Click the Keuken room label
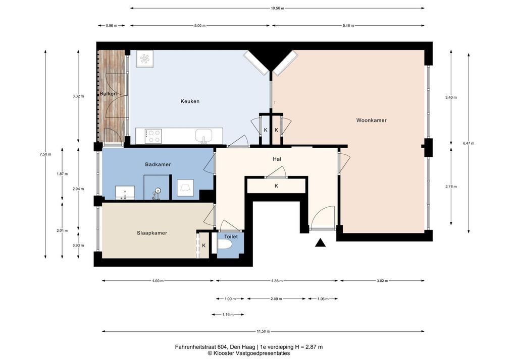[190, 101]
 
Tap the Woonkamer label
[372, 120]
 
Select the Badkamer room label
[158, 164]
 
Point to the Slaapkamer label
[152, 233]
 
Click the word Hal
[277, 159]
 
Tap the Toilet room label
[231, 236]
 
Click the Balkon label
[108, 94]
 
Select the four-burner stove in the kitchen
[153, 136]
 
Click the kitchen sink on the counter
[204, 136]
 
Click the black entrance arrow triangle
[320, 243]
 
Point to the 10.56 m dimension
[277, 8]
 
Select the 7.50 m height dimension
[45, 154]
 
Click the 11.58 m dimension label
[263, 331]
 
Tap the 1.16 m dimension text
[228, 315]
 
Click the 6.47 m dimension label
[469, 143]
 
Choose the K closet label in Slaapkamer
[203, 245]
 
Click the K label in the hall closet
[276, 186]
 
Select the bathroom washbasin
[125, 193]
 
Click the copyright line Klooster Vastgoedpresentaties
[248, 353]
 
